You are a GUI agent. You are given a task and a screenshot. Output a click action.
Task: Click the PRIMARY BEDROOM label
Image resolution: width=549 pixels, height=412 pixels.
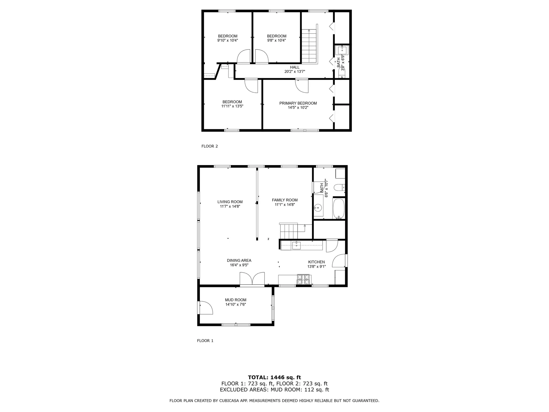coord(298,103)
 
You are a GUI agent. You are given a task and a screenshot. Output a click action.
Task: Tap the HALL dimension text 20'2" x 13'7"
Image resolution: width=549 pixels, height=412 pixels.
coord(295,72)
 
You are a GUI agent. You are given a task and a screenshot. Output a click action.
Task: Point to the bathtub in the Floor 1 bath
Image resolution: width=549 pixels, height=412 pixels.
coord(339,209)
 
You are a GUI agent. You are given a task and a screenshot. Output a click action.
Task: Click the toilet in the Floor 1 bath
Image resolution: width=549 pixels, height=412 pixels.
coord(339,188)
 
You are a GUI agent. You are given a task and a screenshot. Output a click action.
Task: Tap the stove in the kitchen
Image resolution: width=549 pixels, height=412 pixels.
coord(303,279)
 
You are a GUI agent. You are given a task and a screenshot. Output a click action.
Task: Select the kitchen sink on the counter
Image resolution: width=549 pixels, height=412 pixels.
coord(296,245)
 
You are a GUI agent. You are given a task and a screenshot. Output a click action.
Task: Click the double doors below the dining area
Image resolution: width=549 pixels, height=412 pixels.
coord(252,279)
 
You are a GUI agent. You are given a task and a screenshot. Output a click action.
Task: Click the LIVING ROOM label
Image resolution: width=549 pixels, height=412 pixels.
coord(230,202)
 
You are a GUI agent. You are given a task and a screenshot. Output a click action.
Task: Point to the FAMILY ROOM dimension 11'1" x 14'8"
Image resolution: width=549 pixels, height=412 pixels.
coord(285,205)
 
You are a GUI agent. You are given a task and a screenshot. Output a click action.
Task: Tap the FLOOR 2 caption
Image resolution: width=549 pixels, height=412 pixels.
coord(210,146)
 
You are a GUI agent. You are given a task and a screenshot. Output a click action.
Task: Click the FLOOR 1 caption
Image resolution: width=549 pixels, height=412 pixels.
coord(205,340)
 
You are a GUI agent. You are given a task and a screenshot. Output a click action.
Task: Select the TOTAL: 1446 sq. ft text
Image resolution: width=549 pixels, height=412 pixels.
coord(274,377)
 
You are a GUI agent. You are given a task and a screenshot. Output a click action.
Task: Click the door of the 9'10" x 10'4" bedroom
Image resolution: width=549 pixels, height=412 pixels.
coord(244,57)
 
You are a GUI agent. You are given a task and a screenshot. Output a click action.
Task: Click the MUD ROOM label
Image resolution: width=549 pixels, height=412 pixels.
coord(235,300)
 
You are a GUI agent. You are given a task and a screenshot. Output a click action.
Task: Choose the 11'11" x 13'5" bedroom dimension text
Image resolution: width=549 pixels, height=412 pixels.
coord(232,106)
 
